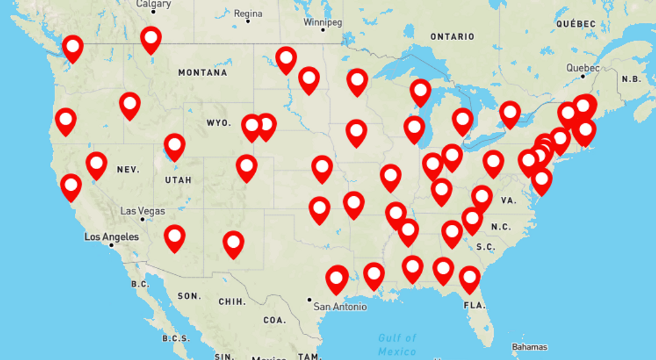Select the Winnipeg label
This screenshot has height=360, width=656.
(x=323, y=22)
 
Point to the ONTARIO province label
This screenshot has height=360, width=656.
(x=452, y=37)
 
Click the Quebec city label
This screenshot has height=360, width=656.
(x=583, y=68)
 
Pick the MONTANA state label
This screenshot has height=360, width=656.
(x=203, y=73)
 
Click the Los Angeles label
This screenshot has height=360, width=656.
(x=112, y=237)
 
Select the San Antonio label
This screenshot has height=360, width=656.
(x=340, y=306)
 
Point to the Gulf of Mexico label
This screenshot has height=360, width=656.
(x=397, y=344)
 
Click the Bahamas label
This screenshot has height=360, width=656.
(x=529, y=346)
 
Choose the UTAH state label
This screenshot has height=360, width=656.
(x=178, y=180)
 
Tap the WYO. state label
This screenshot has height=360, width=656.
(x=218, y=123)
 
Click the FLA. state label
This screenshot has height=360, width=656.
(x=474, y=306)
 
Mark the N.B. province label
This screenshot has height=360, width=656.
(x=631, y=79)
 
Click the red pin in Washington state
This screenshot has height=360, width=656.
(x=73, y=47)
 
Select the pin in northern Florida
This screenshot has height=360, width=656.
(x=469, y=279)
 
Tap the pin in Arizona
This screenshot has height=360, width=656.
(x=174, y=237)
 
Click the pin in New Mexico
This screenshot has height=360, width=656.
(x=233, y=243)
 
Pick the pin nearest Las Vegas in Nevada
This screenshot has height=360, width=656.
(x=96, y=164)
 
